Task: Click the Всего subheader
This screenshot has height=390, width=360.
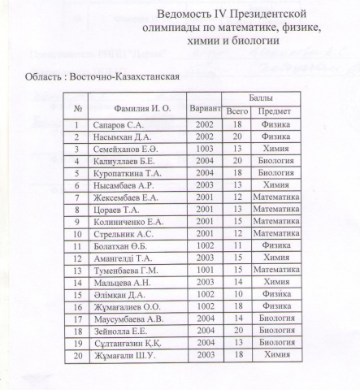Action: tap(237, 111)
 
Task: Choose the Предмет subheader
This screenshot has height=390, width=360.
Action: tap(275, 111)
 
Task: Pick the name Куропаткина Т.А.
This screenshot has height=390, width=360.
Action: tap(131, 173)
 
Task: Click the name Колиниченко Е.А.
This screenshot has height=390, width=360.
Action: tap(133, 221)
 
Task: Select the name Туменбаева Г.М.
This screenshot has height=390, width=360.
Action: tap(132, 269)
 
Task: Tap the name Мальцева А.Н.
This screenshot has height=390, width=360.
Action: tap(124, 281)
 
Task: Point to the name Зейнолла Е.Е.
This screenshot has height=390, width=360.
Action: tap(124, 330)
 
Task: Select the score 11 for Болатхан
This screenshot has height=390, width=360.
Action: tap(237, 245)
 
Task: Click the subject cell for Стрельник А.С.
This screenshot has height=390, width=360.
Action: tap(275, 233)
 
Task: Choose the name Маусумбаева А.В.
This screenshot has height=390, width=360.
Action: tap(132, 318)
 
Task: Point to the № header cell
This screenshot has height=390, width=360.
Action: tap(79, 107)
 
